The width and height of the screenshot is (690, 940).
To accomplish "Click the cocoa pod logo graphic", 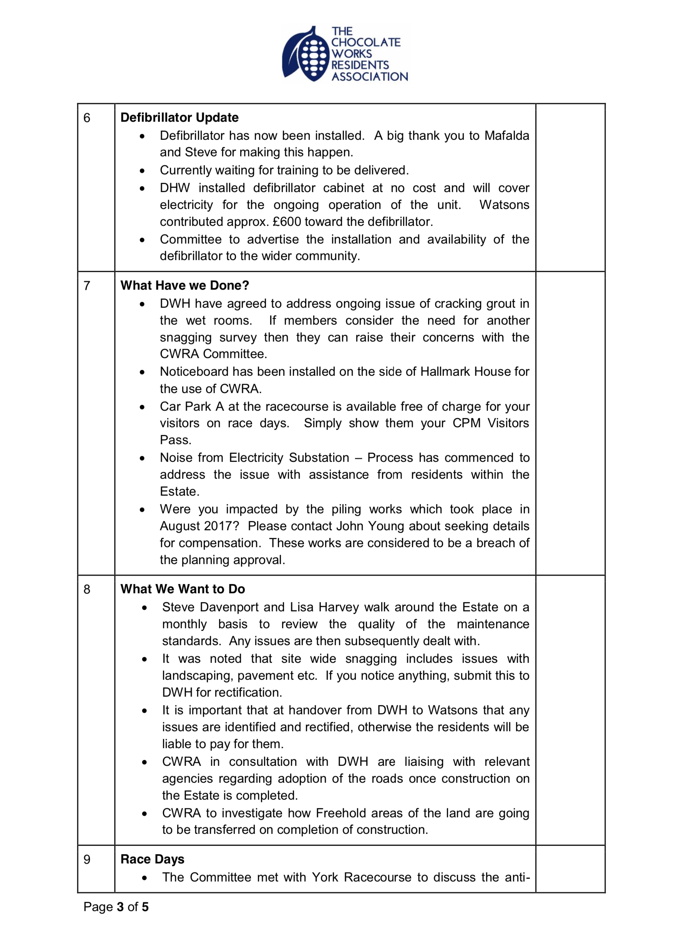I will (305, 55).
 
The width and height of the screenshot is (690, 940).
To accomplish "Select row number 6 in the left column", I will (87, 118).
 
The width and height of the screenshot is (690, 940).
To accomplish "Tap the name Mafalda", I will (507, 136).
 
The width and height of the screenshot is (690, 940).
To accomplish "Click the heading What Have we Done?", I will (185, 285).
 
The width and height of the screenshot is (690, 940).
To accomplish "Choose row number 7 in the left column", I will (87, 286).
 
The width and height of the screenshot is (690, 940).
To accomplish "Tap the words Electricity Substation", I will (289, 457).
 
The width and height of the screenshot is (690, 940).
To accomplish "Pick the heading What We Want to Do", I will (182, 589).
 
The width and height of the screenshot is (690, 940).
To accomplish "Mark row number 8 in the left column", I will (87, 590).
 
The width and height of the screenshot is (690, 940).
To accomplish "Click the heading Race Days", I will (152, 859).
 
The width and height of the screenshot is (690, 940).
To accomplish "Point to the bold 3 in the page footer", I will (120, 907).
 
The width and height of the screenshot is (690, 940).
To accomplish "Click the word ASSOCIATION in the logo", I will (370, 76).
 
